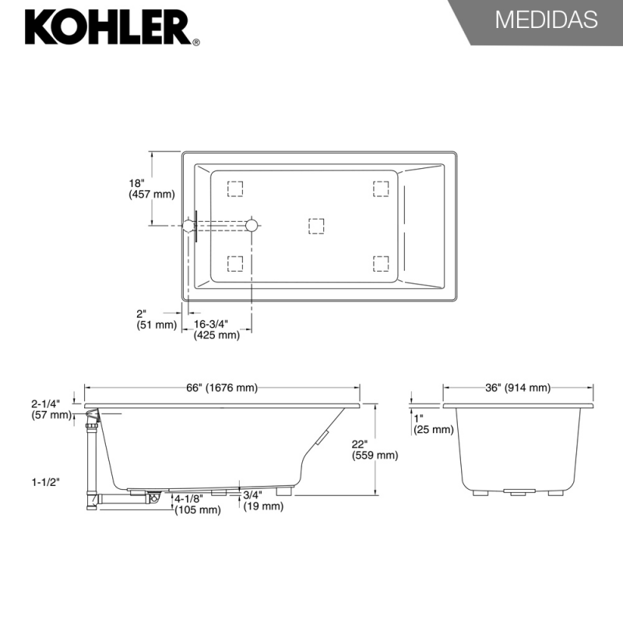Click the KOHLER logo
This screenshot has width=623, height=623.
click(x=112, y=27)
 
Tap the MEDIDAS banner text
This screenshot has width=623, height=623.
click(x=547, y=19)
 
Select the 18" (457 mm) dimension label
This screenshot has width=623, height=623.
click(x=151, y=188)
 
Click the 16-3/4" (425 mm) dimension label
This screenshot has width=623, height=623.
click(x=216, y=329)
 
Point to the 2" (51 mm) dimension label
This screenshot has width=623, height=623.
click(x=157, y=319)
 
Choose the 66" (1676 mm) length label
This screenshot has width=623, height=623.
click(x=222, y=387)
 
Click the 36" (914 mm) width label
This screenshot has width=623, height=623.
click(x=518, y=387)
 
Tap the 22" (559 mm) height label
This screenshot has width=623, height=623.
click(x=375, y=449)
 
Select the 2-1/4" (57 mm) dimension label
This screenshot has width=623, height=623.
click(x=51, y=410)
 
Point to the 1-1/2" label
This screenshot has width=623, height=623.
click(x=46, y=482)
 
